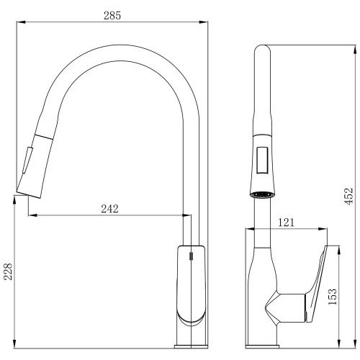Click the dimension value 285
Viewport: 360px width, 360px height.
112,16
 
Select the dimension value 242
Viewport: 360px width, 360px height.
109,209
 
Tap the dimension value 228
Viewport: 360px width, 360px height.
9,271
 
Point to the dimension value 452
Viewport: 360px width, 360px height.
349,197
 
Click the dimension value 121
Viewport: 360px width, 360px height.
286,222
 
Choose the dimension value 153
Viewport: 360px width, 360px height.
333,297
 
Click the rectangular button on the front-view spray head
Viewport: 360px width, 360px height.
262,160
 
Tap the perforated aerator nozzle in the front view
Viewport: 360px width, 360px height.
262,194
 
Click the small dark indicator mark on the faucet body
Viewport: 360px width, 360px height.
191,256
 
